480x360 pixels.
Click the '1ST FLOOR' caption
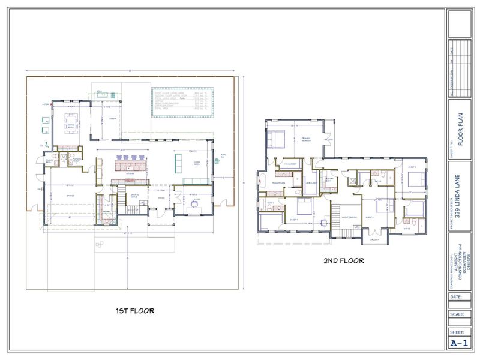pos(134,311)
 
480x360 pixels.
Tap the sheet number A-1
pos(459,343)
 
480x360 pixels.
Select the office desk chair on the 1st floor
pos(194,203)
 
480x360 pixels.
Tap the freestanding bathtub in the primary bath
pos(263,179)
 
